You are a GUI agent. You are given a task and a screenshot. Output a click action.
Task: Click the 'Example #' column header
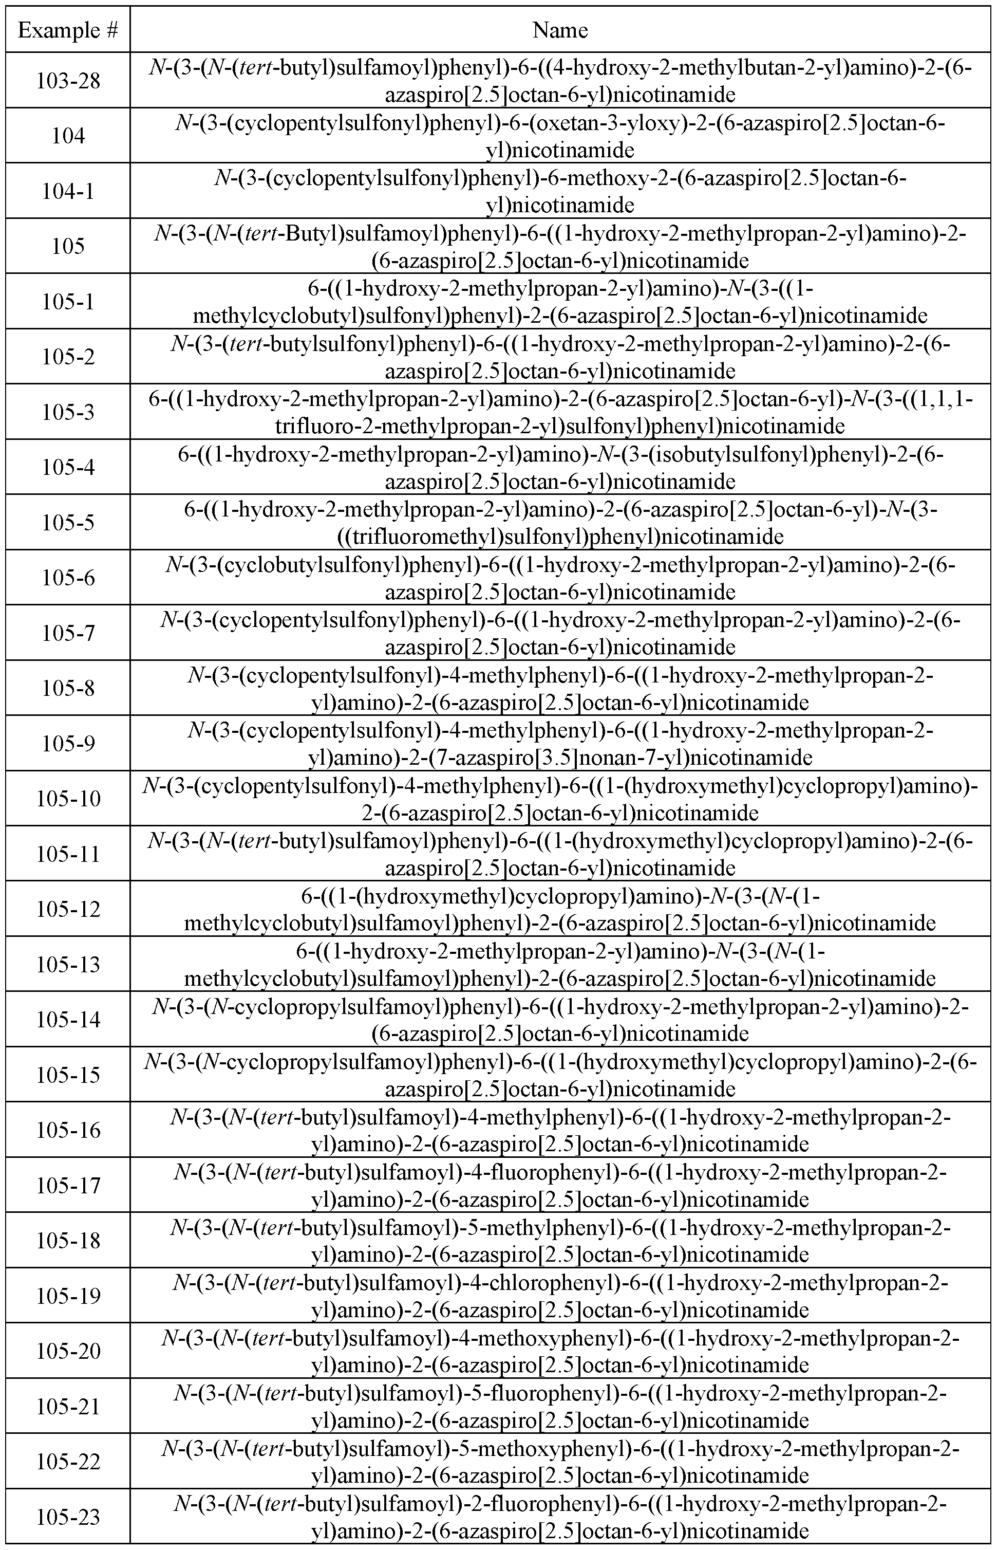pyautogui.click(x=68, y=30)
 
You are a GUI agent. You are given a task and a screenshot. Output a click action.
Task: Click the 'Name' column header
pyautogui.click(x=560, y=30)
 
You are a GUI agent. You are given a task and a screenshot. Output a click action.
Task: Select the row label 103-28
pyautogui.click(x=68, y=81)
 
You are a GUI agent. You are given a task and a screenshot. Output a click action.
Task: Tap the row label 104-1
pyautogui.click(x=68, y=191)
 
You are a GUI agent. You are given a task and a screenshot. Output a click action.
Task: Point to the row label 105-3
pyautogui.click(x=68, y=412)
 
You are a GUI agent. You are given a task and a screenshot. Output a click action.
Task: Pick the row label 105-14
pyautogui.click(x=68, y=1020)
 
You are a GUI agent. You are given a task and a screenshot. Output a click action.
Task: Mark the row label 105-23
pyautogui.click(x=68, y=1517)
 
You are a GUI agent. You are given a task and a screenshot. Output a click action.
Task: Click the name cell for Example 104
pyautogui.click(x=560, y=136)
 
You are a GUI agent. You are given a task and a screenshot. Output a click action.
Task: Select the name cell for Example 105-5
pyautogui.click(x=560, y=523)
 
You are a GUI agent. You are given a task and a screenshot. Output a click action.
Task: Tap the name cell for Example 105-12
pyautogui.click(x=560, y=909)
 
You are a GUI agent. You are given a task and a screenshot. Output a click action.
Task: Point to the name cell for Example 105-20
pyautogui.click(x=560, y=1351)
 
